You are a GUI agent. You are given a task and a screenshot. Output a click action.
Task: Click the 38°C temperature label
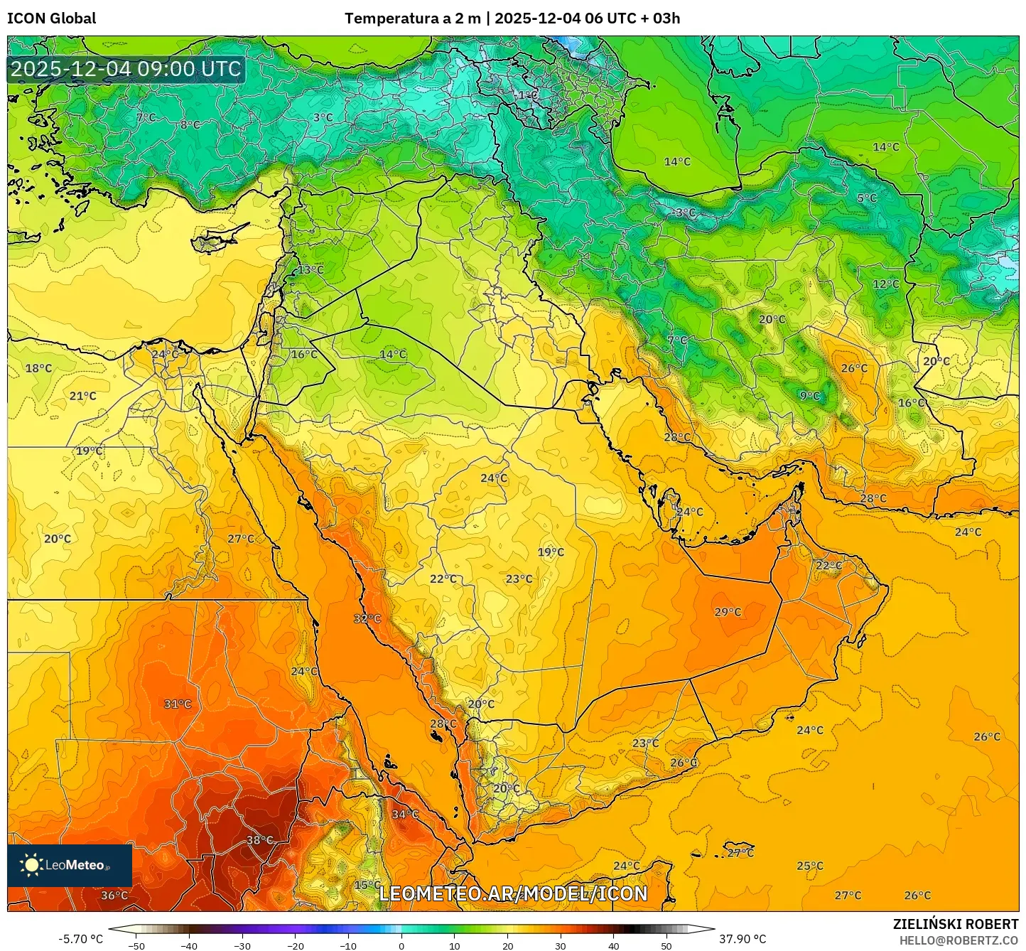pos(259,840)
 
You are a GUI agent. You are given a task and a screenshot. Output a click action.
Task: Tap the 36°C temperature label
pos(114,896)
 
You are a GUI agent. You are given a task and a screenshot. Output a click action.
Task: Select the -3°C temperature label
pos(685,213)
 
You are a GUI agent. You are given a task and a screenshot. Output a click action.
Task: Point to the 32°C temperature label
pos(367,618)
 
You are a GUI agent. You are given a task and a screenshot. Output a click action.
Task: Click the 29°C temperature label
pos(728,612)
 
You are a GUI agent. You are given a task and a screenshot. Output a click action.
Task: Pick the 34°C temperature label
pos(405,815)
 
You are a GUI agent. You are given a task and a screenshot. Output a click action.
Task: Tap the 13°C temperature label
pos(310,270)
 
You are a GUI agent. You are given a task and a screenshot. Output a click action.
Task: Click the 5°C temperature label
pos(867,198)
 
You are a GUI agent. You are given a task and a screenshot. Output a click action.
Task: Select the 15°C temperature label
pos(367,885)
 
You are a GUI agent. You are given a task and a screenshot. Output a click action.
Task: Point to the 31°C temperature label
pos(178,704)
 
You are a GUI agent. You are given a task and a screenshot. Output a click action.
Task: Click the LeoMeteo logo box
pos(70,865)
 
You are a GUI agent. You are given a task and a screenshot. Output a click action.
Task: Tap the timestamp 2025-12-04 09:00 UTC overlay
pos(126,69)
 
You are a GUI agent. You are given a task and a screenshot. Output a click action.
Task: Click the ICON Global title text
pos(51,18)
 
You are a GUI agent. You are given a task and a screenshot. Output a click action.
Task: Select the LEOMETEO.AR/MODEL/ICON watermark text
pos(513,894)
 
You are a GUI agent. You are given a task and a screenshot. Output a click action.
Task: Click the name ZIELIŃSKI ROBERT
pos(956,924)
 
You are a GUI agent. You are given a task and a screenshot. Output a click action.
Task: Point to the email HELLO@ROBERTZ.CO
pos(958,940)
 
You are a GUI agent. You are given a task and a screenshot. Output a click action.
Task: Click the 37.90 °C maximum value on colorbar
pos(742,939)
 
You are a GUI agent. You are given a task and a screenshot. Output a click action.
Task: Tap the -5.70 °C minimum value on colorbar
pos(80,939)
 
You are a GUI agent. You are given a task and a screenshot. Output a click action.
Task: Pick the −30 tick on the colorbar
pos(242,946)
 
